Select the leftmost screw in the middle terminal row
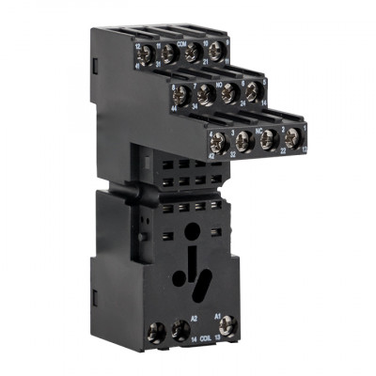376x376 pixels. [x=179, y=95]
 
